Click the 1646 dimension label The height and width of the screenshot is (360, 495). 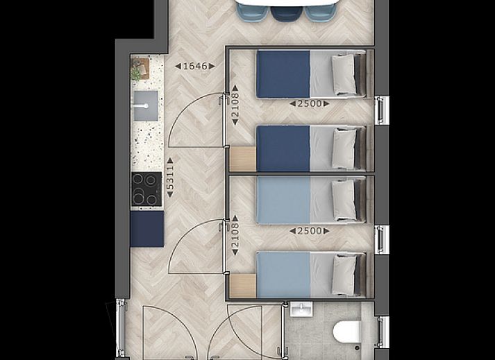tap(195, 66)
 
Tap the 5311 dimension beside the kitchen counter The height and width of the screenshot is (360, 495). tap(170, 178)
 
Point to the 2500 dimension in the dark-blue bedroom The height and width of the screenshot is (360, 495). tap(310, 103)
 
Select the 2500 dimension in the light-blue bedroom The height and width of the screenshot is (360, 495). tap(310, 231)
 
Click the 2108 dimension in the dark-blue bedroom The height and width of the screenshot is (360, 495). tap(235, 105)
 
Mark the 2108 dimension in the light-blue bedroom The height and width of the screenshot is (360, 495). tap(235, 235)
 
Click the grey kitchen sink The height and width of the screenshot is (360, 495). tap(146, 105)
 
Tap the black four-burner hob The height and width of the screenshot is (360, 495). tap(146, 189)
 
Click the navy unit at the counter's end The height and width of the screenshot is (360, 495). tap(147, 229)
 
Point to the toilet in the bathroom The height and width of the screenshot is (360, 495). tap(347, 332)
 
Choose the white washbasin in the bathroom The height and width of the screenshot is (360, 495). tap(301, 309)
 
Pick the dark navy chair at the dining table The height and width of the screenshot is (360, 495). tap(287, 14)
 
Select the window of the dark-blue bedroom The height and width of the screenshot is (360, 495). tap(382, 110)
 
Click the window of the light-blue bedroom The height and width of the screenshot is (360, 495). tap(382, 239)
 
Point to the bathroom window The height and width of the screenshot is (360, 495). tap(383, 332)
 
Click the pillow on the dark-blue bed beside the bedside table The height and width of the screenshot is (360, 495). tap(344, 148)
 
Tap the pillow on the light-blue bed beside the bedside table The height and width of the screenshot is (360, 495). tap(344, 275)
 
